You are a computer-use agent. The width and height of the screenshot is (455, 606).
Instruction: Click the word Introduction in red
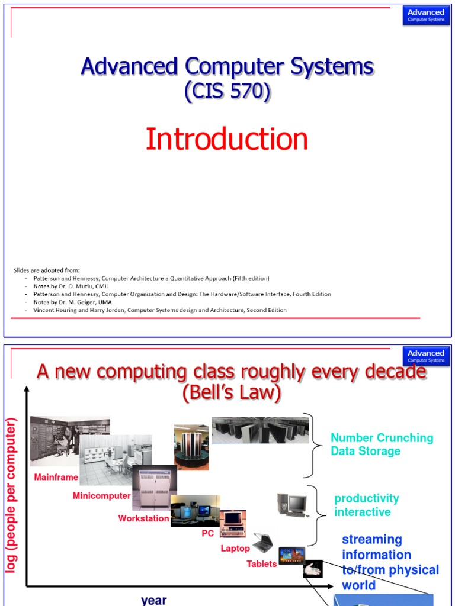click(227, 140)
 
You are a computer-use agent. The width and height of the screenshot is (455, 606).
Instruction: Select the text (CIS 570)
click(227, 92)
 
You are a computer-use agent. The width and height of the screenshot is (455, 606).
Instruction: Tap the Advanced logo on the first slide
click(425, 15)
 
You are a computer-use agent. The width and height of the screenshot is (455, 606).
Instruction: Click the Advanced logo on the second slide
click(425, 356)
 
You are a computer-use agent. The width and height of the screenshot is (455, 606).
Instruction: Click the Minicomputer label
click(101, 496)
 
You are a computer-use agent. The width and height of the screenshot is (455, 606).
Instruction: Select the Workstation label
click(143, 518)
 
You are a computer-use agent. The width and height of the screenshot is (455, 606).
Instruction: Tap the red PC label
click(207, 533)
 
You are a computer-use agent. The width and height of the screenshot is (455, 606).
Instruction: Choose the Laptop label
click(235, 549)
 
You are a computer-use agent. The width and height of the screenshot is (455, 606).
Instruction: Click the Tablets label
click(262, 564)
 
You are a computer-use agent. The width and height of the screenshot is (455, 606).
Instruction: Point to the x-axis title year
click(154, 599)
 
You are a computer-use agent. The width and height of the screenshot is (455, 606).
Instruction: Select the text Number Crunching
click(382, 438)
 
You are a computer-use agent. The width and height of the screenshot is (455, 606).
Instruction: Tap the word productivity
click(367, 498)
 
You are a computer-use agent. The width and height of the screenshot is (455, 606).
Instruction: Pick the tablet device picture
click(292, 555)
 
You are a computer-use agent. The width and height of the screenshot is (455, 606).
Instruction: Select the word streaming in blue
click(372, 540)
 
